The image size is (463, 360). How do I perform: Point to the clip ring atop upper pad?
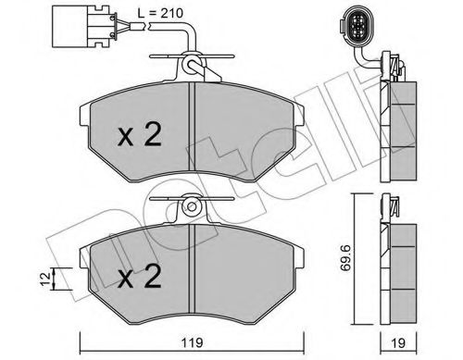(191, 65)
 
